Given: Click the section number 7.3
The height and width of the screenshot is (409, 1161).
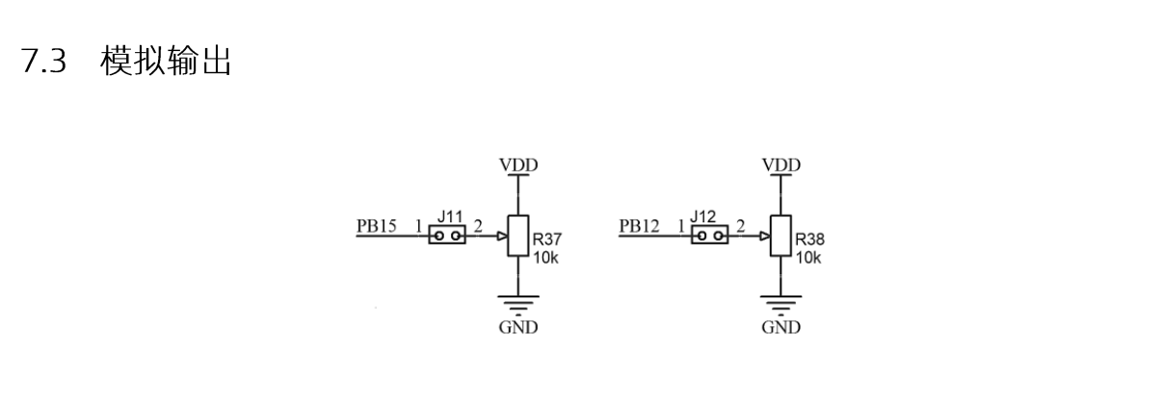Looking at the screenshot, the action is [x=43, y=61].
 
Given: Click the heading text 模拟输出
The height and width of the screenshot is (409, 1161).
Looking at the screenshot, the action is [x=166, y=61].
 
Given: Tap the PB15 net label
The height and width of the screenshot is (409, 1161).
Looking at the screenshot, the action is [x=377, y=226].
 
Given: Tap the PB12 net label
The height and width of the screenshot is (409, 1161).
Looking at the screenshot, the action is [x=639, y=226].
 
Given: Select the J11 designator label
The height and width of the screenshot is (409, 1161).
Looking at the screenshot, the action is [x=450, y=216].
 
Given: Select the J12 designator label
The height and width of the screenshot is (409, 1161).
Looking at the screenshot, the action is [x=702, y=216].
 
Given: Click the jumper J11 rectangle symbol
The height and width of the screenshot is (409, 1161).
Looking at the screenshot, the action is [x=447, y=235].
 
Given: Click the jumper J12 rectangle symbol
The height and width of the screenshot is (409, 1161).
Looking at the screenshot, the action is [x=709, y=235].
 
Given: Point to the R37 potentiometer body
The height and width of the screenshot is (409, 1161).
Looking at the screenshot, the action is [x=517, y=236].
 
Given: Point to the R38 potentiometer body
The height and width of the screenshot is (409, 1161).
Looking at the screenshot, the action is [x=780, y=236].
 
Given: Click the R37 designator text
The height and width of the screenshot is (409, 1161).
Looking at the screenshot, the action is [x=547, y=240].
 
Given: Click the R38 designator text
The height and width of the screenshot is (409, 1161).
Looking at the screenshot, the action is [x=809, y=240].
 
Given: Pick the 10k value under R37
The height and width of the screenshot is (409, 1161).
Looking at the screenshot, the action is [x=545, y=257].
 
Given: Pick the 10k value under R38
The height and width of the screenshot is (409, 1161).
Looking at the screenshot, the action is [x=808, y=257].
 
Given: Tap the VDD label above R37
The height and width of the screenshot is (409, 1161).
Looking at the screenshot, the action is [x=518, y=166].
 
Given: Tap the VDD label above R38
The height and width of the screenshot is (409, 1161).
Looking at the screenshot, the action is [x=781, y=166].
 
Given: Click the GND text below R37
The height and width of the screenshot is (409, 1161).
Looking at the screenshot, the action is [x=518, y=327].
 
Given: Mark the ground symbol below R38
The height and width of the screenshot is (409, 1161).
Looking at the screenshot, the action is [x=780, y=305].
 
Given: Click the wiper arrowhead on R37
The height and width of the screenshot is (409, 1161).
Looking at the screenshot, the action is [x=502, y=236].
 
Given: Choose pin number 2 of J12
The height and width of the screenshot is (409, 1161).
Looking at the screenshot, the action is [x=741, y=226].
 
